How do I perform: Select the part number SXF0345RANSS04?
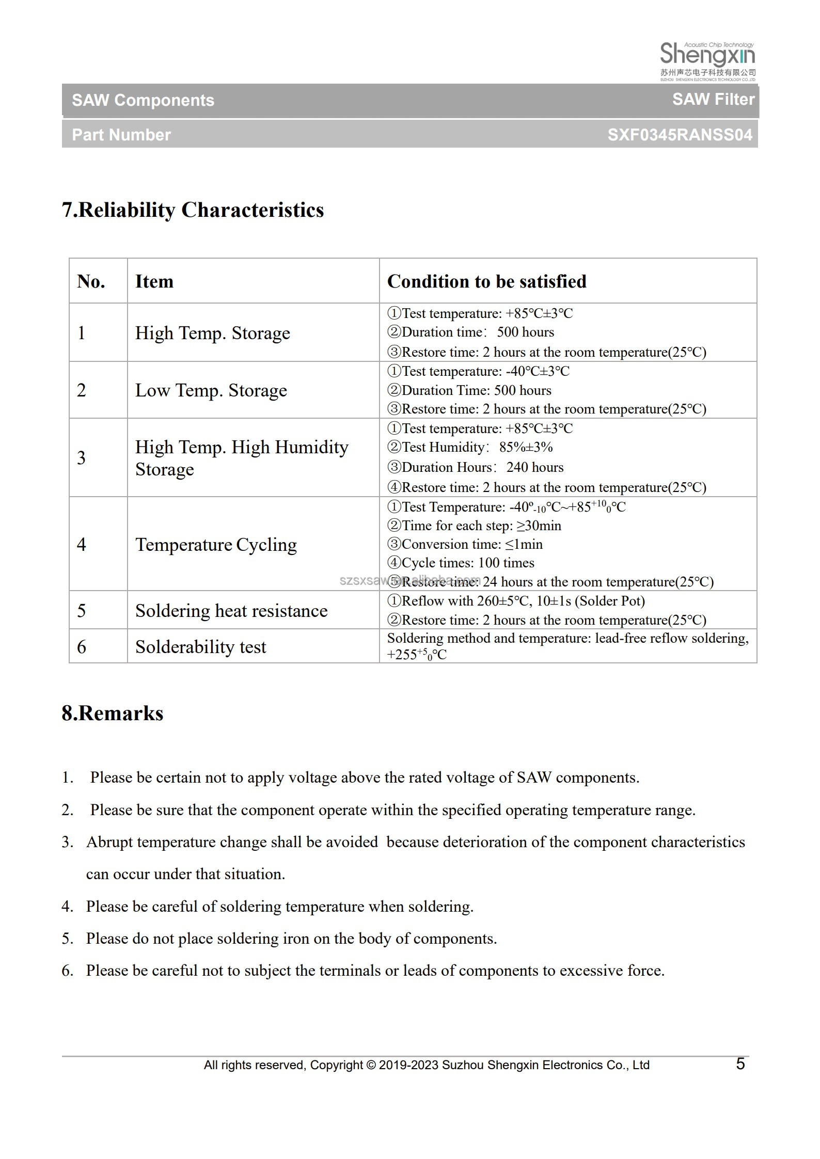[x=680, y=135]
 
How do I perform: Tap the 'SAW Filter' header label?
[x=713, y=99]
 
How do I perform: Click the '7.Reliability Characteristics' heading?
[x=193, y=210]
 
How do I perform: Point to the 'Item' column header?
[x=154, y=281]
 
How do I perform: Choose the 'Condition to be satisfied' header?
[x=486, y=281]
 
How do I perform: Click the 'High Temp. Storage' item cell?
[x=212, y=333]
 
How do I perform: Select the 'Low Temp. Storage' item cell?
[x=211, y=390]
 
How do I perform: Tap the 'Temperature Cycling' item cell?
[x=216, y=545]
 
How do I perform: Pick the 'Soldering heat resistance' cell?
[x=231, y=611]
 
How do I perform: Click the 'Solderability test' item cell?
[x=200, y=647]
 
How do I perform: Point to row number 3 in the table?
[x=82, y=458]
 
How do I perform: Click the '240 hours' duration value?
[x=534, y=467]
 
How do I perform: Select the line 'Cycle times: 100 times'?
[x=461, y=563]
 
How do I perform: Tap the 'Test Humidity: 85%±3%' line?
[x=470, y=447]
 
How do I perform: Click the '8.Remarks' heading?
[x=112, y=713]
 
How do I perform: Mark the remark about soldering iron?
[x=291, y=939]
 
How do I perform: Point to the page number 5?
[x=740, y=1064]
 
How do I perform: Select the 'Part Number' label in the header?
[x=121, y=135]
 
